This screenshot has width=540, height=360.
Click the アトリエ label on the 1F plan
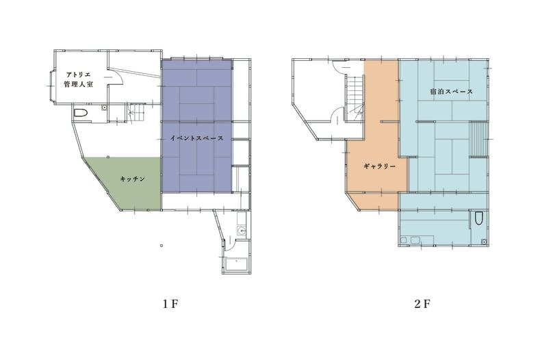coord(78,75)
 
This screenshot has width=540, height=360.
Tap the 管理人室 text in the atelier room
coord(78,84)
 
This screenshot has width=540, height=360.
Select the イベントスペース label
coord(196,138)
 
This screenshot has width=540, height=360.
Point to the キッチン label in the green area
coord(132,179)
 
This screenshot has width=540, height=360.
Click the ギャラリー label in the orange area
coord(379,166)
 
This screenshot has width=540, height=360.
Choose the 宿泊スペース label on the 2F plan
coord(451,92)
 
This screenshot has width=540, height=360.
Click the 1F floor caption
coord(170,304)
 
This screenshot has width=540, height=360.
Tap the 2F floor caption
coord(422,304)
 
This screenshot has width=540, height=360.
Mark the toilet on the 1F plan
coord(80,113)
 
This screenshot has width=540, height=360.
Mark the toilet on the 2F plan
coord(478,218)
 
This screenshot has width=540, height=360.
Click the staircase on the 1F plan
coord(136,112)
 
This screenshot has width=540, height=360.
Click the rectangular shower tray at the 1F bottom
coord(236,266)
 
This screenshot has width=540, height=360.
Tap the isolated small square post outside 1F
coord(162,246)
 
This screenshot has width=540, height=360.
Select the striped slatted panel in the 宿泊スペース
coord(479,140)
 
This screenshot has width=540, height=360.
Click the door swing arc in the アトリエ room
coord(120,75)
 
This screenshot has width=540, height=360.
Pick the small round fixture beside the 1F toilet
coord(103,108)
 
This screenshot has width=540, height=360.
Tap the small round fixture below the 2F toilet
coord(484,242)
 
